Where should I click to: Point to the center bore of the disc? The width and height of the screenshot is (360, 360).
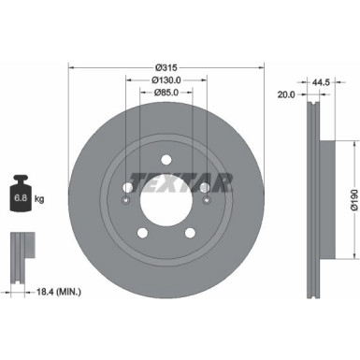click(x=166, y=198)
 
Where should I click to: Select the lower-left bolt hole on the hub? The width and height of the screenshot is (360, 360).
click(x=139, y=234)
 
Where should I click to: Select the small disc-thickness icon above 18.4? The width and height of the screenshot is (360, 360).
click(x=20, y=248)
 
